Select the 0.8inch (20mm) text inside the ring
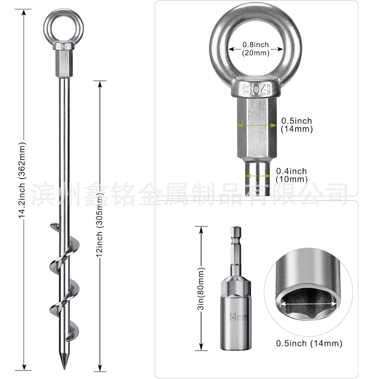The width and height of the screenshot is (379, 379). pyautogui.click(x=256, y=49)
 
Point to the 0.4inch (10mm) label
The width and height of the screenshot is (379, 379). pyautogui.click(x=292, y=175)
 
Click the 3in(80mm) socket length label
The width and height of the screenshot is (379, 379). pyautogui.click(x=201, y=289)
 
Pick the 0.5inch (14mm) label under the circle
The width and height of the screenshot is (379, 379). pyautogui.click(x=309, y=343)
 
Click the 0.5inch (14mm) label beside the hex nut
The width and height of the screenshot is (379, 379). pyautogui.click(x=297, y=125)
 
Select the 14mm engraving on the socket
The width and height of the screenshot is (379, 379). pyautogui.click(x=238, y=317)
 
